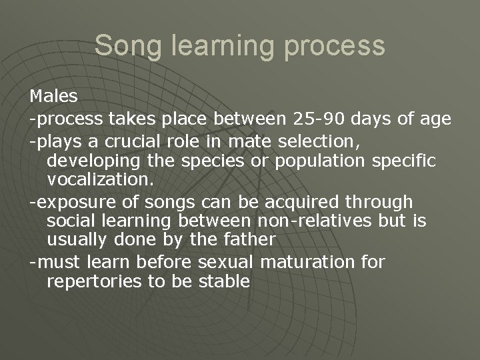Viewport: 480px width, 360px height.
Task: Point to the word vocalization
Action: [x=100, y=181]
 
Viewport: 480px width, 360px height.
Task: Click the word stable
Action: [x=224, y=281]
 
